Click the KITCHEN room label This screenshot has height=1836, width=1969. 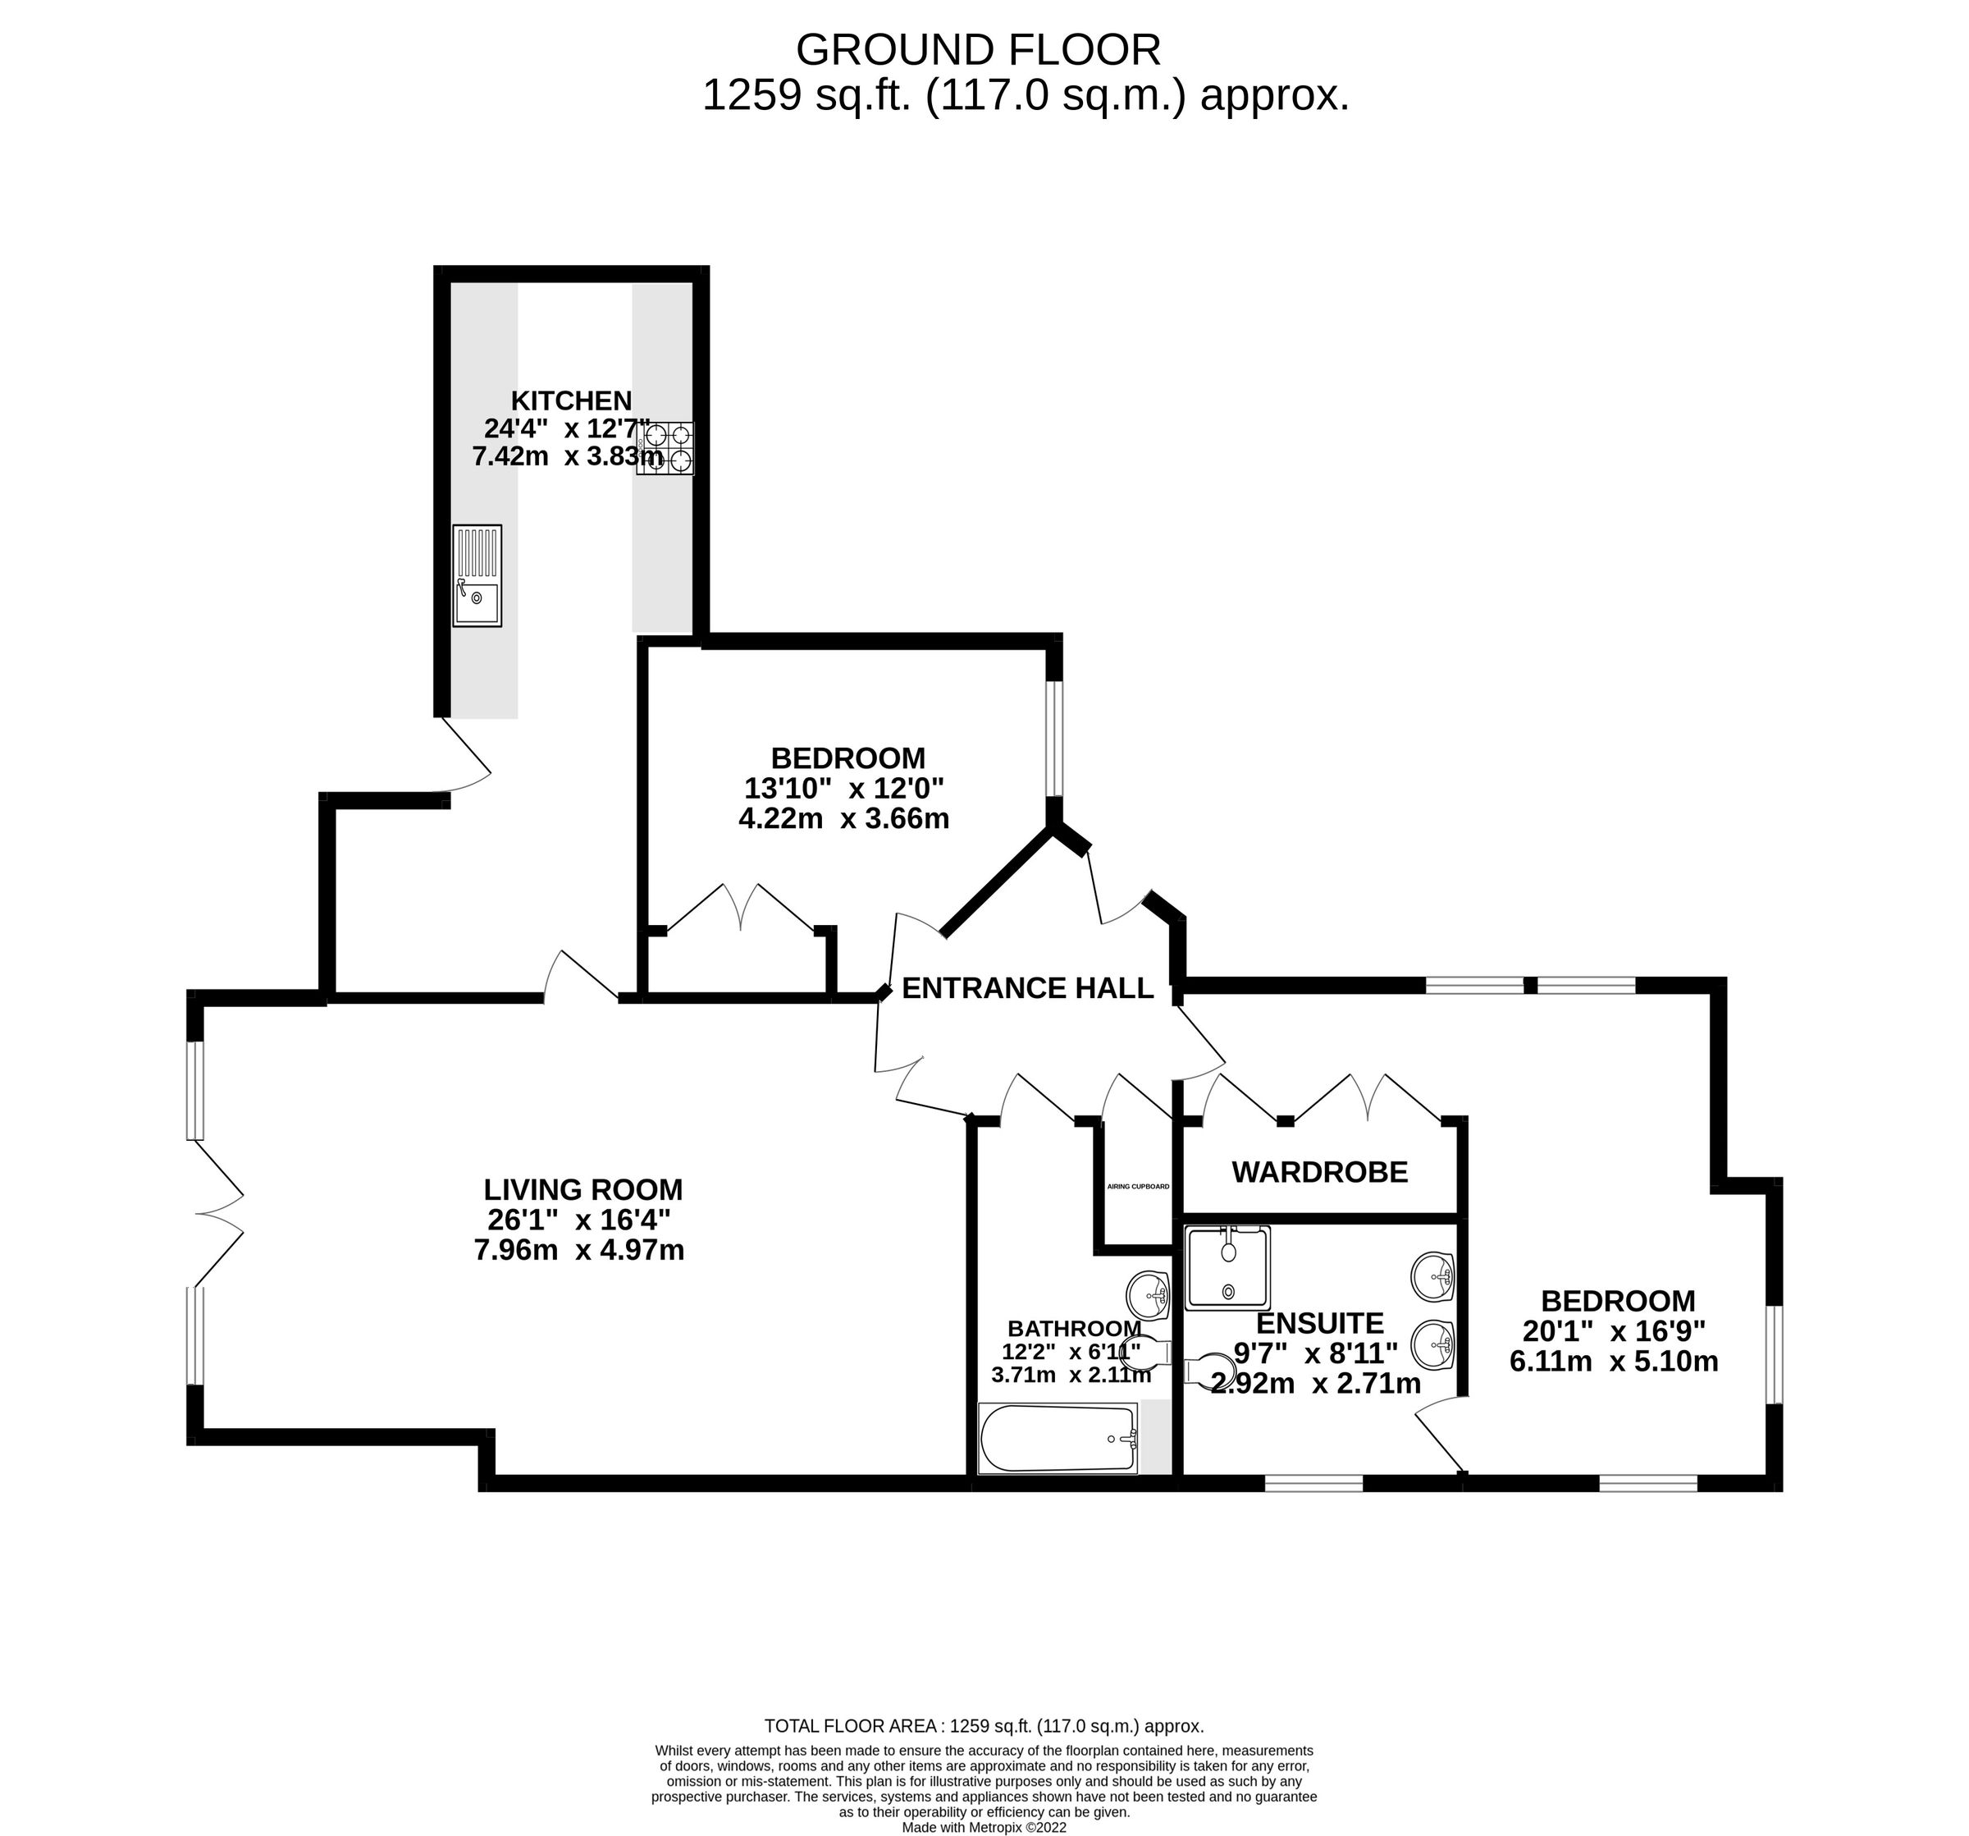coord(572,401)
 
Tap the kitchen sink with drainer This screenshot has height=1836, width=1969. coord(477,575)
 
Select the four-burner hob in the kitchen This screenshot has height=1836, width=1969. coord(665,448)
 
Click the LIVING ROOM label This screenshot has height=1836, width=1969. coord(583,1189)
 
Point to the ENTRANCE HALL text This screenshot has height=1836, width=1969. coord(1028,988)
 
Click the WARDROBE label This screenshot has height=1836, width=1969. coord(1319,1172)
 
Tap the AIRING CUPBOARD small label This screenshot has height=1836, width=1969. coord(1138,1186)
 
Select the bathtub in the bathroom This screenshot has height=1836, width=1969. coord(1058,1438)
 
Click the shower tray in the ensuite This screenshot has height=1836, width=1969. coord(1228,1267)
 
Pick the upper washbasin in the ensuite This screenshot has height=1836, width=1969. coord(1433,1276)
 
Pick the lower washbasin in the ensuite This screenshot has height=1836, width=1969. coord(1433,1344)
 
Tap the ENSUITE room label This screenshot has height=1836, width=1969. coord(1319,1323)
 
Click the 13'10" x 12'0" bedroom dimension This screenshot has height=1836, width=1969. coord(844,789)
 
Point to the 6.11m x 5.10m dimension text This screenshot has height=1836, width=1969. coord(1614,1362)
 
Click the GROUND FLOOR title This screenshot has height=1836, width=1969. coord(979,49)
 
